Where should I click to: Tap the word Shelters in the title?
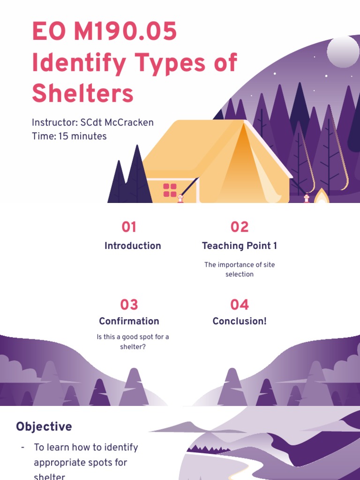[82, 93]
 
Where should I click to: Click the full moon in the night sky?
[343, 52]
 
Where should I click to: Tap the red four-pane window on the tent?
[170, 190]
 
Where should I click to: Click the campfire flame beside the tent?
[322, 196]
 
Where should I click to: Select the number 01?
[129, 227]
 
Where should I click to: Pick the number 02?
[240, 227]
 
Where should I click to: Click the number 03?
[129, 305]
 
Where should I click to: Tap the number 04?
[240, 305]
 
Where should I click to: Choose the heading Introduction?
[133, 246]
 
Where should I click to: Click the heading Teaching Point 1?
[240, 246]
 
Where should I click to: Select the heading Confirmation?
[129, 321]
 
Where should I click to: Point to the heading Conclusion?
[240, 321]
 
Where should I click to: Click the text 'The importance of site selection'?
[240, 270]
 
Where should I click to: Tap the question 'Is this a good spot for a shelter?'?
[133, 342]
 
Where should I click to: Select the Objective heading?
[44, 427]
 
